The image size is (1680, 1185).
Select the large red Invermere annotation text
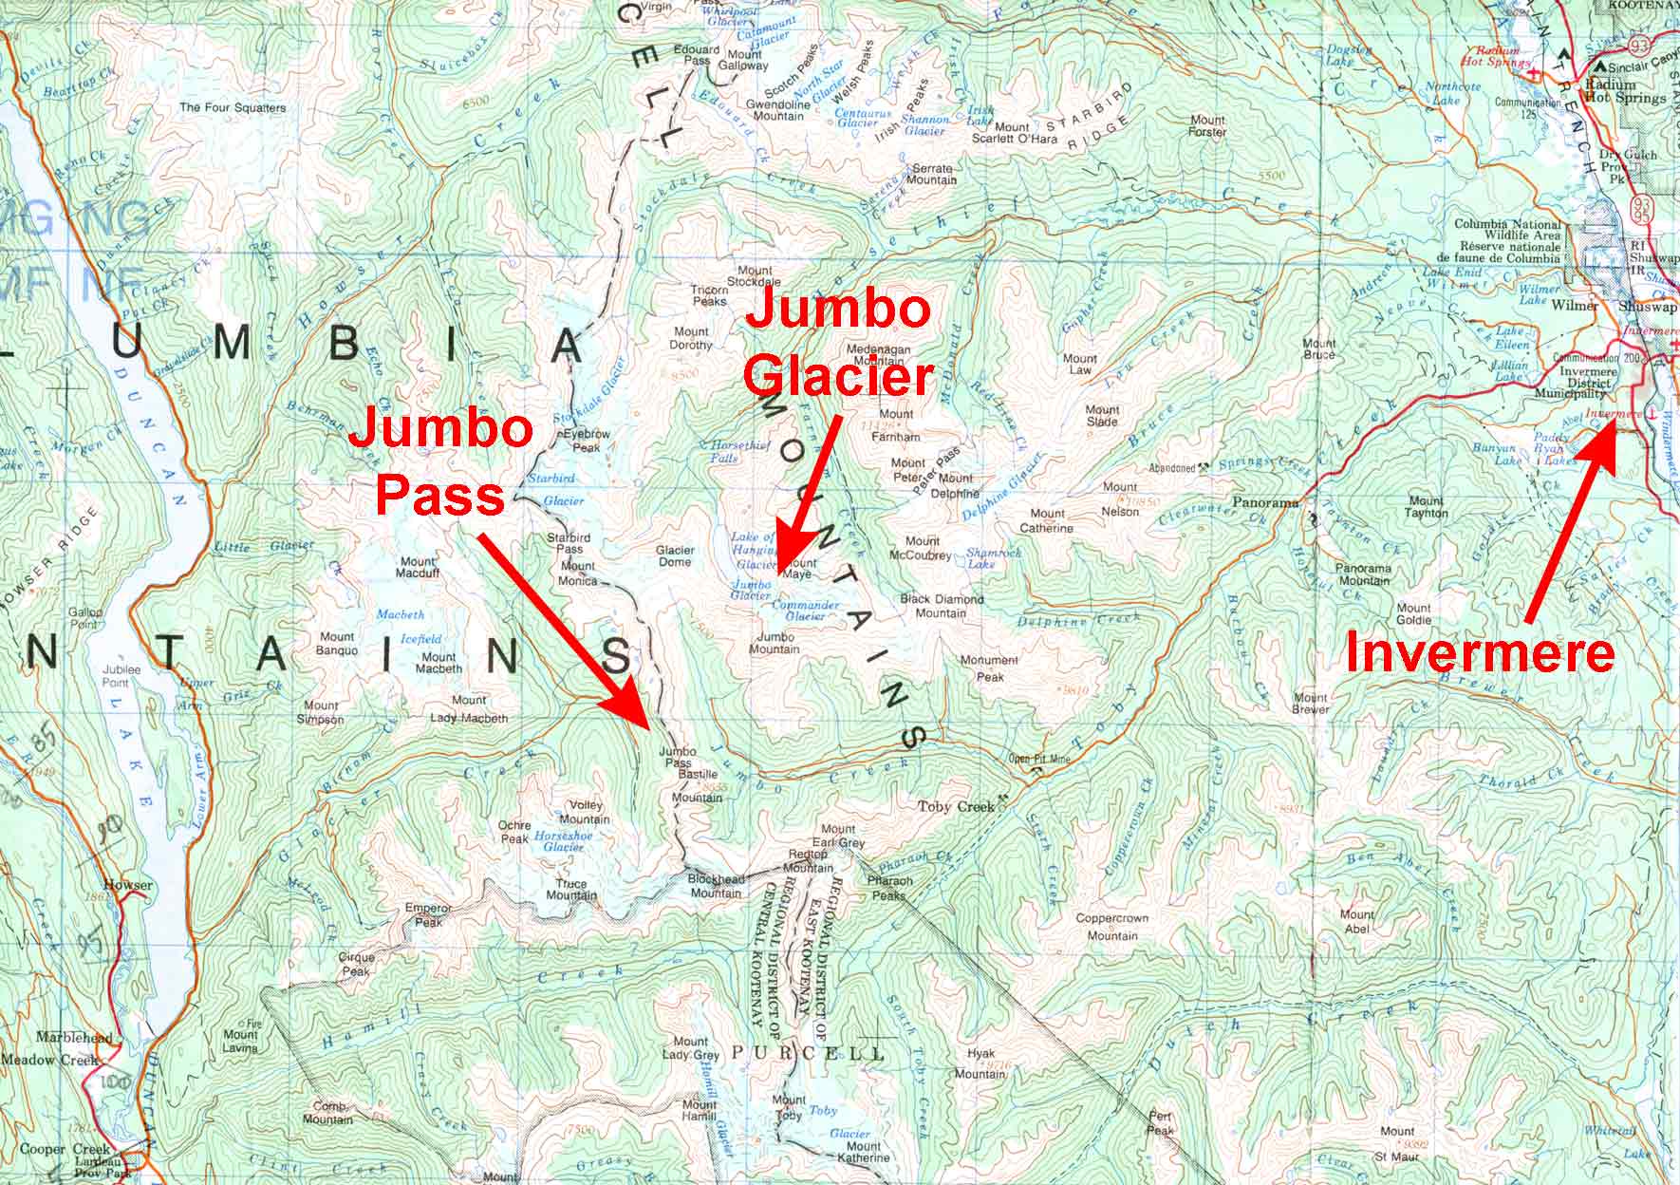pyautogui.click(x=1480, y=654)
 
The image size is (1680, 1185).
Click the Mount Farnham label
pyautogui.click(x=895, y=426)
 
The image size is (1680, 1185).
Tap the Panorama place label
pyautogui.click(x=1264, y=502)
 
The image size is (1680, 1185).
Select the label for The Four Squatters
pyautogui.click(x=233, y=107)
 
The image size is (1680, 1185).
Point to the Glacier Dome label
pyautogui.click(x=675, y=555)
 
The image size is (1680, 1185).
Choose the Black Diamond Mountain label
pyautogui.click(x=933, y=606)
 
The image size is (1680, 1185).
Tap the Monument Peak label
pyautogui.click(x=989, y=668)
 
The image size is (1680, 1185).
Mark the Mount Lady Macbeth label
pyautogui.click(x=469, y=709)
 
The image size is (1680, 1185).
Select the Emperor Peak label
pyautogui.click(x=423, y=914)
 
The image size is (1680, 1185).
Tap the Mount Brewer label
pyautogui.click(x=1310, y=704)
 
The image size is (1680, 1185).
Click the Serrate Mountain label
pyautogui.click(x=932, y=174)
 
